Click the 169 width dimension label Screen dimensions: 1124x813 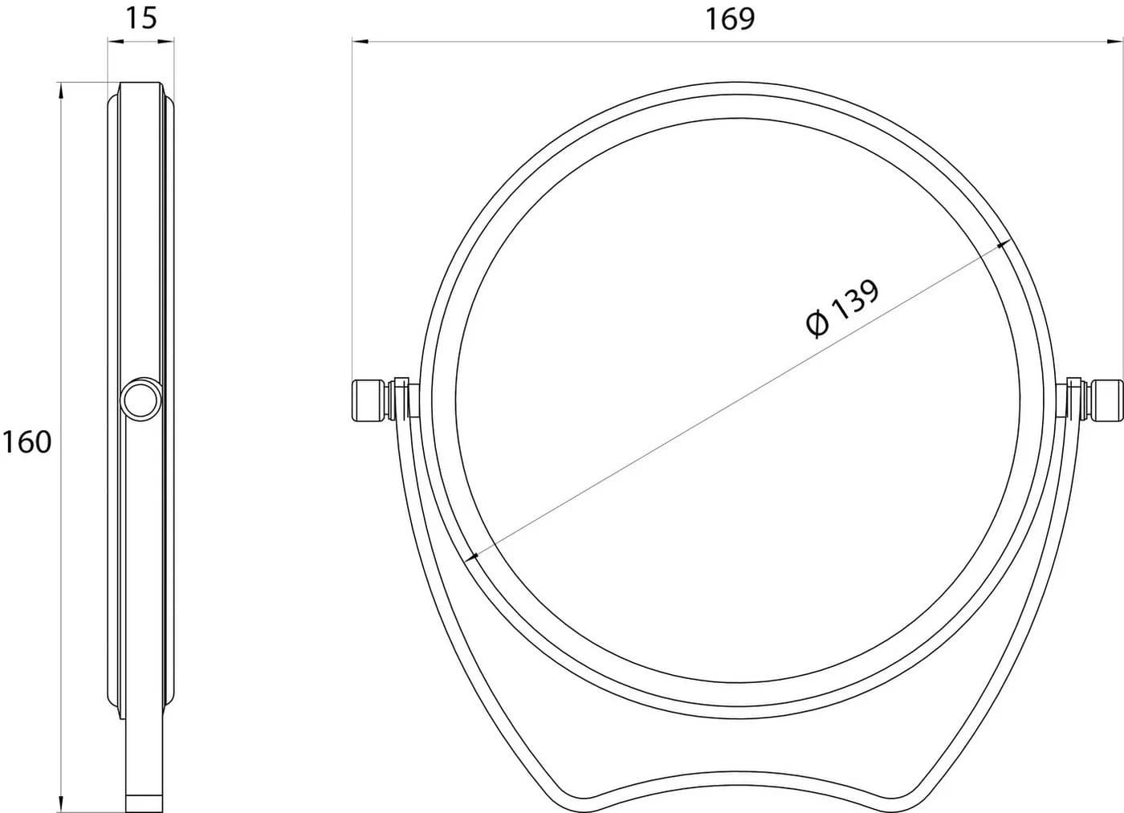(730, 19)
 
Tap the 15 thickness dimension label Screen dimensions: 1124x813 (141, 18)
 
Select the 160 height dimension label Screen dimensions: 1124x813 (27, 442)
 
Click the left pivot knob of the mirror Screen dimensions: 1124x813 (369, 400)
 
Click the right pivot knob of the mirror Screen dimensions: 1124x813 (1106, 400)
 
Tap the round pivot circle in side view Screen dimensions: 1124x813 (141, 399)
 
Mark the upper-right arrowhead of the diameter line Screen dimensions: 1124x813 (1003, 245)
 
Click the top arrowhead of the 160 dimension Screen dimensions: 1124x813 (61, 90)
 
